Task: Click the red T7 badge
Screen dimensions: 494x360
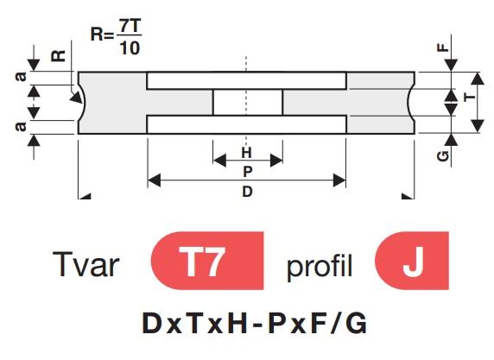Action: tap(207, 261)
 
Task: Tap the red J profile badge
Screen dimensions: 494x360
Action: tap(412, 261)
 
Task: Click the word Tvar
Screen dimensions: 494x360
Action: tap(85, 264)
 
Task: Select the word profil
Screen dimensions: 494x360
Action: tap(320, 267)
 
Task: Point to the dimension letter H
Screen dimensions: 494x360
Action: tap(247, 153)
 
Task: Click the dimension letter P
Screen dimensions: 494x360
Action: tap(248, 172)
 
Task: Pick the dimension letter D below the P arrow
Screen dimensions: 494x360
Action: tap(247, 191)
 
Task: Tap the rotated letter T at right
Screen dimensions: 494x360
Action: tap(470, 96)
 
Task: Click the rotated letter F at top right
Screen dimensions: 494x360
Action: tap(443, 47)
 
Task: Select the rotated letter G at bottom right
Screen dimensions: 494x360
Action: tap(443, 156)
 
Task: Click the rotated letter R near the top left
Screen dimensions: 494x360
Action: tap(58, 56)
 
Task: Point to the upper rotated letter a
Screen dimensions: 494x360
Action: tap(21, 77)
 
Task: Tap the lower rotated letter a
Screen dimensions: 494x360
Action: tap(21, 126)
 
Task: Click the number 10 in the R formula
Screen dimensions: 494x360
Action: tap(130, 48)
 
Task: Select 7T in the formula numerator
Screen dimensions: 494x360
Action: tap(130, 26)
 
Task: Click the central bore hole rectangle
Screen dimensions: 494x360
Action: tap(248, 103)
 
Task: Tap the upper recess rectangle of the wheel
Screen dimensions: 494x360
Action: tap(247, 80)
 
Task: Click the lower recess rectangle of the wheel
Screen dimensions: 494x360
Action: tap(247, 124)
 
